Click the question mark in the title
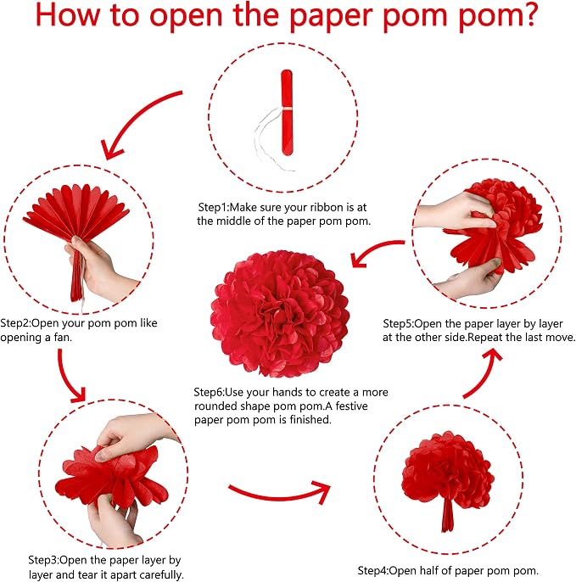(x=528, y=14)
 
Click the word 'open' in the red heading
(x=186, y=18)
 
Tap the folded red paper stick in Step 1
(x=287, y=112)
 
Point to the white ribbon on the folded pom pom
(x=273, y=139)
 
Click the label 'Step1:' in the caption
(x=214, y=207)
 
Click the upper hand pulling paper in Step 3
(x=134, y=434)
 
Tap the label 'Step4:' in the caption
(x=373, y=570)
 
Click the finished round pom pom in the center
(x=280, y=314)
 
